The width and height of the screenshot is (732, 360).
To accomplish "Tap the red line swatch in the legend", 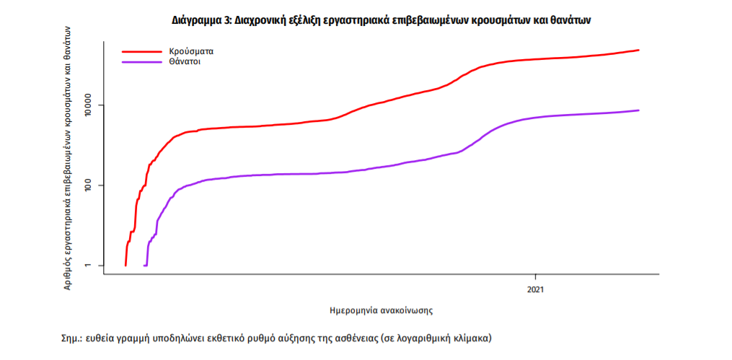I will (x=141, y=52).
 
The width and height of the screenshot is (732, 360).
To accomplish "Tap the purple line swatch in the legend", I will (x=141, y=63).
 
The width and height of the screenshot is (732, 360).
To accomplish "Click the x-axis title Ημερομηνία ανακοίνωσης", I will (x=381, y=310).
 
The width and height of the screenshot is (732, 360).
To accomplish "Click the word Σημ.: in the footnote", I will (x=73, y=338).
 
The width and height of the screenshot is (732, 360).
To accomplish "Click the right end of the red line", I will (x=639, y=50).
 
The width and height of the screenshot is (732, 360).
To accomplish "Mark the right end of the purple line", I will (x=639, y=110).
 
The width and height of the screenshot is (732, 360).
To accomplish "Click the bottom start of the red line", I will (x=125, y=265).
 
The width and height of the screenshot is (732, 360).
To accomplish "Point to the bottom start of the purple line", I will (x=145, y=265).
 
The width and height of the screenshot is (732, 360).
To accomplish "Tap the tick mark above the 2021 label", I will (x=535, y=277).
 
